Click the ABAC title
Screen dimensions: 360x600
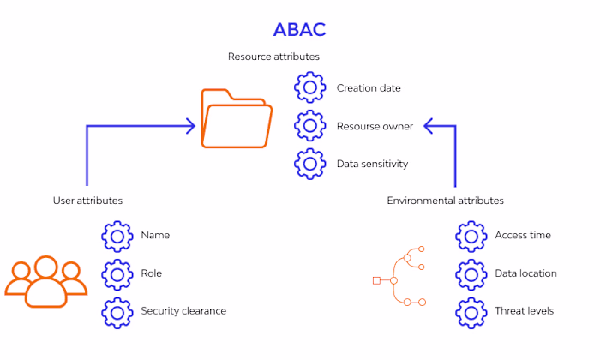(x=299, y=29)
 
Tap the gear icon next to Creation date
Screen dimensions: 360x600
(x=309, y=87)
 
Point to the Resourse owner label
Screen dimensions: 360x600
(x=375, y=126)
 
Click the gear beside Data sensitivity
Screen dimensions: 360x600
(x=309, y=164)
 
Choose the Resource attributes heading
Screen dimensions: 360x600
(x=273, y=57)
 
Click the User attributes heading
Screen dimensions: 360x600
(x=87, y=200)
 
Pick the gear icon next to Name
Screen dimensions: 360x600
(x=117, y=235)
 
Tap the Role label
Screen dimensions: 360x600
(x=152, y=273)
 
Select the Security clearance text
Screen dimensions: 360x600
(x=183, y=311)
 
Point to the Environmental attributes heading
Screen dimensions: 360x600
(x=445, y=200)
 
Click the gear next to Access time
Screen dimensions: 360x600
(x=470, y=235)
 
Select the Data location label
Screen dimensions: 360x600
(x=525, y=273)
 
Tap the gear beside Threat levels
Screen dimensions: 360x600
(x=470, y=311)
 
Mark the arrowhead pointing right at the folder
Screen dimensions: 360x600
(x=190, y=127)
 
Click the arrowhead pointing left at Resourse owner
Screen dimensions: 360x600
(x=431, y=127)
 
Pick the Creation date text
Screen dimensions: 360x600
(x=369, y=87)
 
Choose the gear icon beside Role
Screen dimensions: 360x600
(x=117, y=273)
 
